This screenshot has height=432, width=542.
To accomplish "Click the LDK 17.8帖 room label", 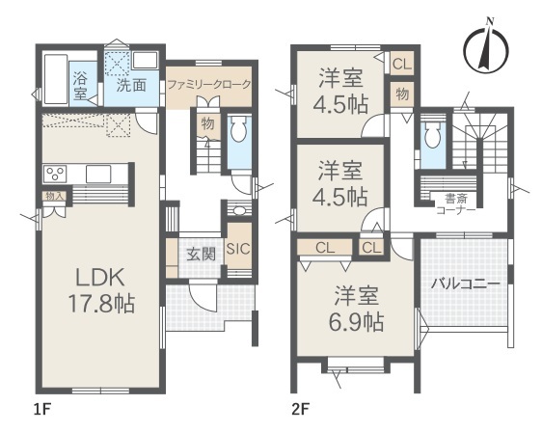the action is [x=101, y=290].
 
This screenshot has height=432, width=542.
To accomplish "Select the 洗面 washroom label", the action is [x=131, y=85].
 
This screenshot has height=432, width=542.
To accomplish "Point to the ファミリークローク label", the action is [x=208, y=85].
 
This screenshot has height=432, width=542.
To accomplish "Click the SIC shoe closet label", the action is [x=238, y=248].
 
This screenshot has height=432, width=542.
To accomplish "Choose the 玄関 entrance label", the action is [x=201, y=255].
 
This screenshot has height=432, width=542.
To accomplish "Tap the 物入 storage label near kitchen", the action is [x=55, y=197].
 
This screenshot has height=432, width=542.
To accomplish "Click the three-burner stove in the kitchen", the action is [x=55, y=174].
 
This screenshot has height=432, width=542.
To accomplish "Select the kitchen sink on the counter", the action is [x=98, y=174].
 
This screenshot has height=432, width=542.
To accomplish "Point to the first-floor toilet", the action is [x=238, y=128].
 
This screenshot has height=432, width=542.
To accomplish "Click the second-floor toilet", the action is [x=431, y=135].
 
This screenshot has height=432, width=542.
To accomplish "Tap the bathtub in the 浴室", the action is [x=55, y=79].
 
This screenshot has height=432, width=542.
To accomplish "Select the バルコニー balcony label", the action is [x=465, y=283].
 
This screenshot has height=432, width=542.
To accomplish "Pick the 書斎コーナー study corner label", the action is [x=455, y=204].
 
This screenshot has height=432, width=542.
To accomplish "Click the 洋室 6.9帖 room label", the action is [x=356, y=309].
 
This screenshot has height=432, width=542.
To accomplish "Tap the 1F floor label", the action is [x=42, y=410].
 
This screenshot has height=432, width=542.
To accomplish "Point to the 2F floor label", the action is [x=300, y=410].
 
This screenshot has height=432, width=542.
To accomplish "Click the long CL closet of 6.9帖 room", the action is [x=325, y=248].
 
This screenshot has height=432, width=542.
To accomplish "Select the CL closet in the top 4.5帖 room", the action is [x=402, y=64].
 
